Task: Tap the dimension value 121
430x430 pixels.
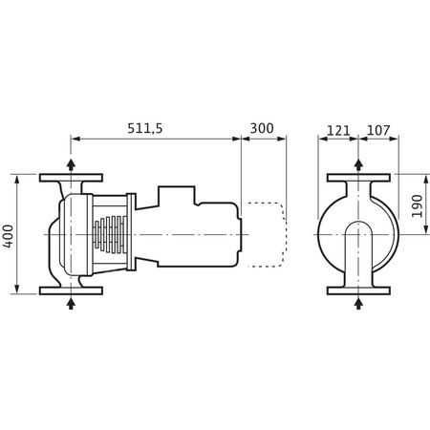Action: point(337,127)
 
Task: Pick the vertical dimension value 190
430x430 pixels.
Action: point(416,206)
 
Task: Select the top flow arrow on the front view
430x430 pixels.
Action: point(358,163)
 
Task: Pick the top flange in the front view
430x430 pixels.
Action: point(358,178)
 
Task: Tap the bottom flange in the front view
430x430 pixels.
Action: point(358,289)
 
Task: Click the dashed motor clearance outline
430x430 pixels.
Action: point(269,233)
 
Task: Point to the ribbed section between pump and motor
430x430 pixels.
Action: point(112,233)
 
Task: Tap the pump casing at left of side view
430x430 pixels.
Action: point(69,233)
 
